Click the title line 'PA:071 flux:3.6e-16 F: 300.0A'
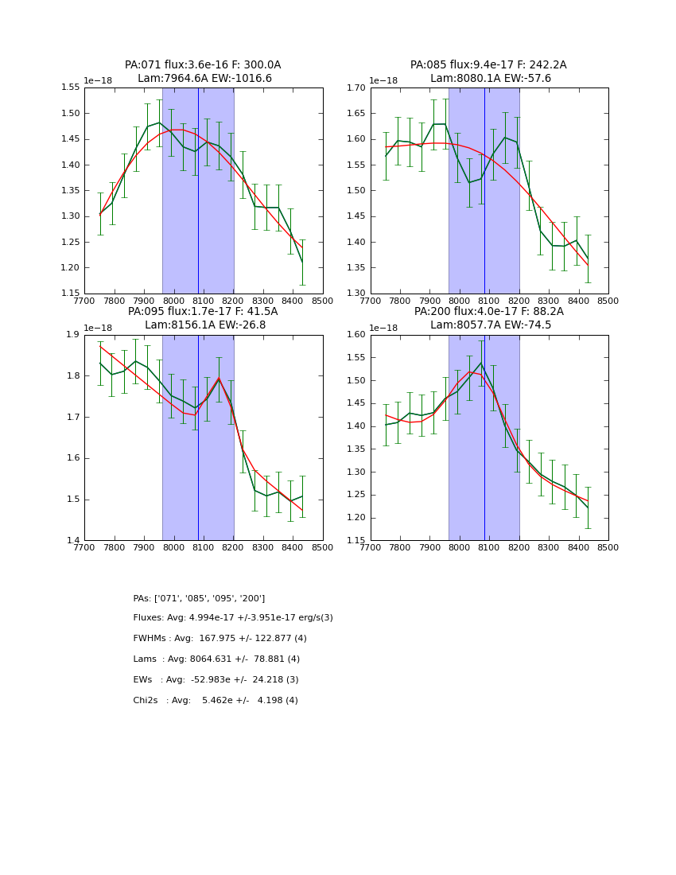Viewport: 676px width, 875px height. (x=203, y=65)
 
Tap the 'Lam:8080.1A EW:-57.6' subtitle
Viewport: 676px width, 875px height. (x=490, y=79)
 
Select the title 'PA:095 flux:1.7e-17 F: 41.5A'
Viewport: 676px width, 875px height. (x=203, y=312)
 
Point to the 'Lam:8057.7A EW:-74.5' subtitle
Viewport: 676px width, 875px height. (x=490, y=325)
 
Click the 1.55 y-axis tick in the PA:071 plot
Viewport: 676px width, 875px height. (x=70, y=87)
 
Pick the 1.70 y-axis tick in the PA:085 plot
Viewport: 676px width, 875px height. (x=356, y=87)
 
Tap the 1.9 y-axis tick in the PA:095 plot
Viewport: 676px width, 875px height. (x=74, y=335)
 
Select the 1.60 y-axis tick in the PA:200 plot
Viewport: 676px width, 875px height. (x=356, y=335)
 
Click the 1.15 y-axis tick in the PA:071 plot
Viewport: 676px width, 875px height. (x=70, y=294)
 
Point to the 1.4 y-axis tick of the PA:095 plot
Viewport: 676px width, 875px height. (x=74, y=541)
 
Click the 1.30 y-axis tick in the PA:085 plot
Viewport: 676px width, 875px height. (x=356, y=294)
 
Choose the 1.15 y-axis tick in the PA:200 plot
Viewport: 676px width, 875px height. (x=356, y=541)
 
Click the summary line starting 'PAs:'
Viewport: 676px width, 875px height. (x=199, y=598)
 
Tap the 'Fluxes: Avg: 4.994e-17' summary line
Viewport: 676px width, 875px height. (x=233, y=618)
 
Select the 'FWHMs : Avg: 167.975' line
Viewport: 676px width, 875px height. (x=220, y=639)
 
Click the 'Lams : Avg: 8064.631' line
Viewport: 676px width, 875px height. (x=216, y=659)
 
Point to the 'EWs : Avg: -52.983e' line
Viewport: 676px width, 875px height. (x=216, y=680)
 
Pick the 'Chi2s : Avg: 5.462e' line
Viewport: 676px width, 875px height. (x=216, y=701)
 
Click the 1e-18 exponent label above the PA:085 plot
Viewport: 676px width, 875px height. (x=385, y=81)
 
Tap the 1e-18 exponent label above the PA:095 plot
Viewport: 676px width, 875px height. (x=99, y=329)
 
